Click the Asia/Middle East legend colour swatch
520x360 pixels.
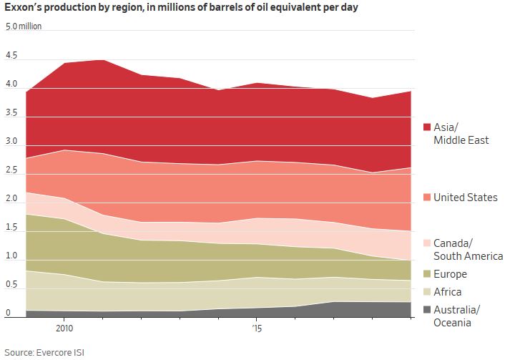pos(427,127)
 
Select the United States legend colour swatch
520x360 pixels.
pos(427,197)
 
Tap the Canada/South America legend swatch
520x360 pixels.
pos(427,243)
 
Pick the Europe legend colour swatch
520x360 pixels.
pos(427,274)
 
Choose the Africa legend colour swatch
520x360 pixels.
pos(427,292)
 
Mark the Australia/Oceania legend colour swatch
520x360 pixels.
pos(427,309)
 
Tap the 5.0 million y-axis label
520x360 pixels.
pos(24,26)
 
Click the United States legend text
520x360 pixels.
pos(465,197)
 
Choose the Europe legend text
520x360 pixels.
pos(450,274)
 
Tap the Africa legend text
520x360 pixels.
pos(448,292)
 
